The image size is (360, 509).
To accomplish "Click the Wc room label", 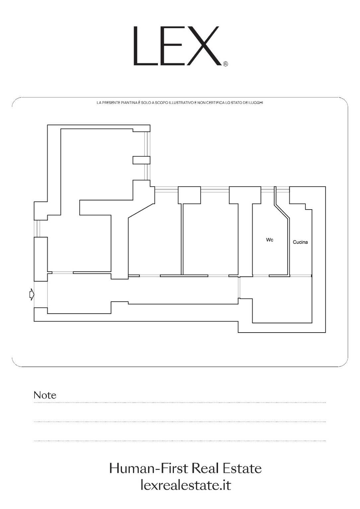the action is click(x=270, y=240).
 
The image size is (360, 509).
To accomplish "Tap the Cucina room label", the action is click(x=300, y=242).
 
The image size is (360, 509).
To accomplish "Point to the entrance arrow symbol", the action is click(x=32, y=294).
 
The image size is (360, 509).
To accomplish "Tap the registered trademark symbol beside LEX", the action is click(x=226, y=64).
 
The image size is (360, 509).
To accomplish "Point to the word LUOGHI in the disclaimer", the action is click(x=257, y=103).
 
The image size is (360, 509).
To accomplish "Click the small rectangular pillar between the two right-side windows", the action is click(x=141, y=160).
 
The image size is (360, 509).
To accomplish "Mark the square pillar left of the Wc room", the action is click(x=245, y=195).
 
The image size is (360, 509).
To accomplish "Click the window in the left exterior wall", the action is click(x=37, y=228).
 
